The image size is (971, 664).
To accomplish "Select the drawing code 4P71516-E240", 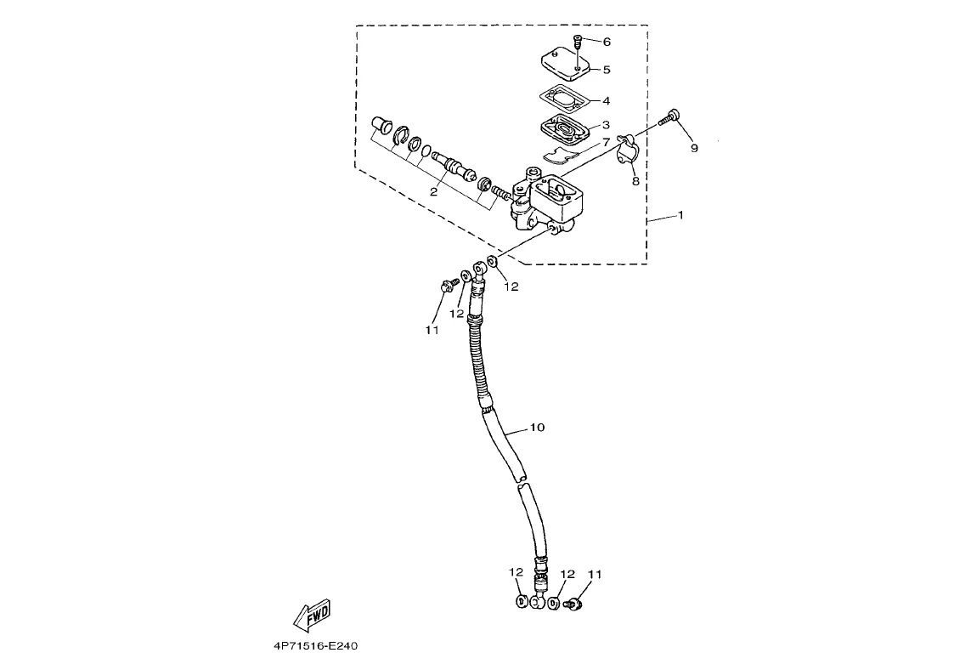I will pyautogui.click(x=316, y=646).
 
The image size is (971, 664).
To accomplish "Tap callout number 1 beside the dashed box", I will pyautogui.click(x=680, y=215).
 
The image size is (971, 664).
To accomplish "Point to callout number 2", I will pyautogui.click(x=433, y=192).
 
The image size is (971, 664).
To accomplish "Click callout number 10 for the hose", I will pyautogui.click(x=537, y=428).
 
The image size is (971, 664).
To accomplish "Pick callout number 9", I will pyautogui.click(x=694, y=148).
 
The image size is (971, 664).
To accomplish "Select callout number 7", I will pyautogui.click(x=607, y=143).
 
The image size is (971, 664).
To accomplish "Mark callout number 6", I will pyautogui.click(x=607, y=42).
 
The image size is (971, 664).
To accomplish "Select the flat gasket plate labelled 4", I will pyautogui.click(x=563, y=98).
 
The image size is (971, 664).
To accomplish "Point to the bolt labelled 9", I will pyautogui.click(x=671, y=117).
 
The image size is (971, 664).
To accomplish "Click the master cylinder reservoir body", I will pyautogui.click(x=552, y=201).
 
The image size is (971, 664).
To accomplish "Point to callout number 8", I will pyautogui.click(x=635, y=180).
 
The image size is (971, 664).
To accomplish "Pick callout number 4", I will pyautogui.click(x=607, y=100).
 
